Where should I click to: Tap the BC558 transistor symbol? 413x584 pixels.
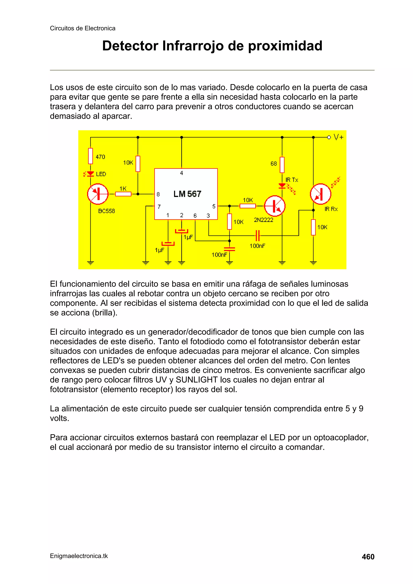point(98,194)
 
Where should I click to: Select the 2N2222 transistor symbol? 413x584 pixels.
point(275,206)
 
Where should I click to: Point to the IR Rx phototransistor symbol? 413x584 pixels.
point(320,194)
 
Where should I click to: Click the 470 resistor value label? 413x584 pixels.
point(100,157)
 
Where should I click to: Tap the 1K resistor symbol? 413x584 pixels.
point(123,194)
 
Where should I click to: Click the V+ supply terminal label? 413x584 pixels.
point(339,137)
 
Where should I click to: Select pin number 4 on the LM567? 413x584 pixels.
point(181,173)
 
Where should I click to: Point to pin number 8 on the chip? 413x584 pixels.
point(158,195)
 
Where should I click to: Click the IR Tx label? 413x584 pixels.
point(292,180)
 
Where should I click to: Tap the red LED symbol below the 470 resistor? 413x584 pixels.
point(90,174)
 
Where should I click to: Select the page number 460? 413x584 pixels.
point(368,557)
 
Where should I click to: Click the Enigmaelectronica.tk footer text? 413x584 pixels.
point(79,556)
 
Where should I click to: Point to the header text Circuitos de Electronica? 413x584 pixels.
point(82,28)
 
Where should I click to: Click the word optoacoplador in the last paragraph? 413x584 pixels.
point(341,437)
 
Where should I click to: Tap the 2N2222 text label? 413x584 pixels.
point(263,220)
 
